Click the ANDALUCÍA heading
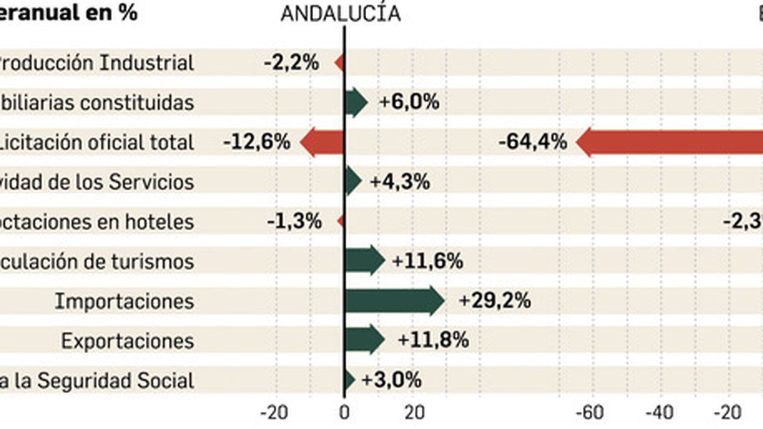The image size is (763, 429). coord(340,13)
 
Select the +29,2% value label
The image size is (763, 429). coord(494,301)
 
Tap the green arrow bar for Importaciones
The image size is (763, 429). coord(394,301)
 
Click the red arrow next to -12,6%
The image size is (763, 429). coord(322,142)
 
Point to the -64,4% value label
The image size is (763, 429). coord(532,142)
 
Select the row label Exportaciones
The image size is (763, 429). coord(127,341)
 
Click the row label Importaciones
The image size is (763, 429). coord(124,301)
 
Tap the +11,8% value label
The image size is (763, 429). coord(433,340)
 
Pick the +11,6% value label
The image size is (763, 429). coord(427,261)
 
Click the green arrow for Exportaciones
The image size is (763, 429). coord(364,339)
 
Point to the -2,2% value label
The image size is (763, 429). coord(291,62)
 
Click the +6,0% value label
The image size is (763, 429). coord(409,102)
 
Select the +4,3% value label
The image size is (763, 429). coord(400,182)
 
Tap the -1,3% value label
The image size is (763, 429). coord(294,222)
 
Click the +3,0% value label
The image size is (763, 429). coord(391,380)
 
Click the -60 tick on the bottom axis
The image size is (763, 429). coord(590,413)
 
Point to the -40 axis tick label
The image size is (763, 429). coord(660,413)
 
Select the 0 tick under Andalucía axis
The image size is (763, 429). coord(344,413)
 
